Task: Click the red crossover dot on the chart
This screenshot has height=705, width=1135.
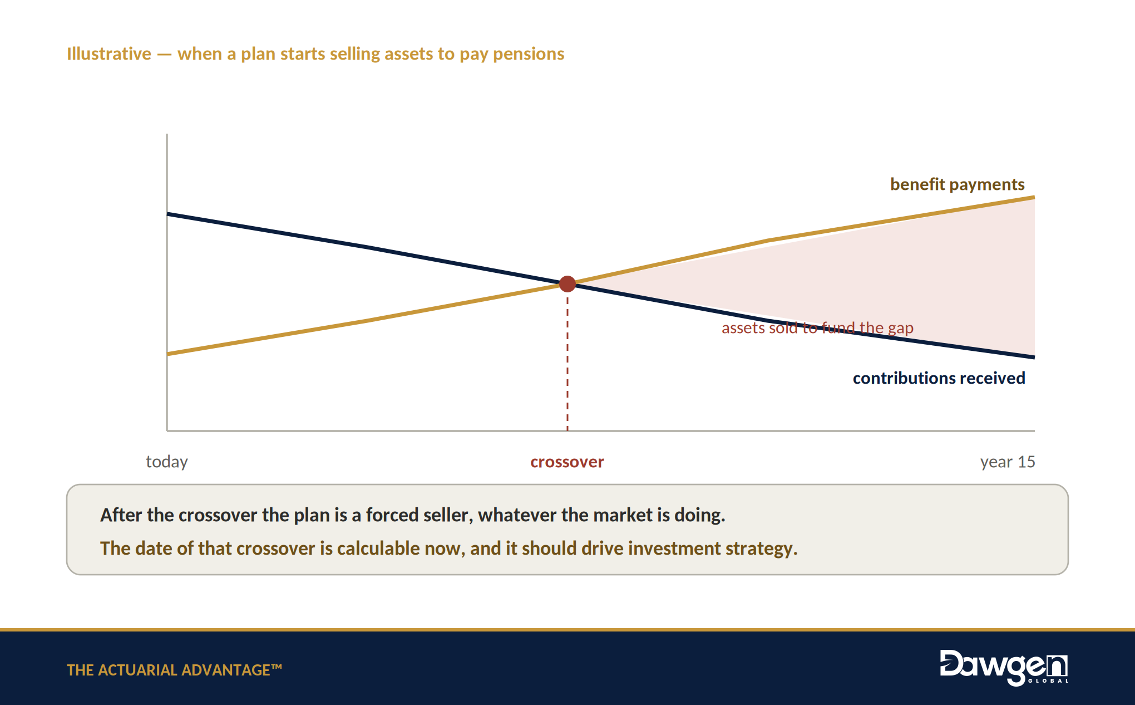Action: tap(567, 284)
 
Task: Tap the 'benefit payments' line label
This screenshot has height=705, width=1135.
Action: tap(957, 184)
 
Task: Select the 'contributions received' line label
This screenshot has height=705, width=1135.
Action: tap(939, 378)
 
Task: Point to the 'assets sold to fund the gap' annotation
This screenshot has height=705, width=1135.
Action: tap(817, 328)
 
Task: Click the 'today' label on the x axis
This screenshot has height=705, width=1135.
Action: tap(167, 462)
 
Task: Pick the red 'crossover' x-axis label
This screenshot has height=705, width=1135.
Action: tap(567, 462)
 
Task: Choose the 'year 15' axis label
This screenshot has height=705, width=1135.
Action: tap(1008, 462)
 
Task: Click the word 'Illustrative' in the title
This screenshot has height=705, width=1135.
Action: tap(109, 53)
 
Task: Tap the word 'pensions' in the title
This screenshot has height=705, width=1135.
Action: tap(529, 54)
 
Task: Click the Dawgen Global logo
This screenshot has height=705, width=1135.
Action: tap(1004, 667)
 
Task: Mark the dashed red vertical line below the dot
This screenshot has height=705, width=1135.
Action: tap(567, 362)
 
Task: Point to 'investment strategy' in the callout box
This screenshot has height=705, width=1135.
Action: tap(713, 549)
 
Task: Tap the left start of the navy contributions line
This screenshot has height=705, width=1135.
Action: tap(167, 214)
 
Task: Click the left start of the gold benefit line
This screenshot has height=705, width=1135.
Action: tap(167, 354)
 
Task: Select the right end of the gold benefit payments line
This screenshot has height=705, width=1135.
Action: tap(1034, 197)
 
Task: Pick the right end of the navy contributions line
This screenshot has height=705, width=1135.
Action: tap(1034, 356)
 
